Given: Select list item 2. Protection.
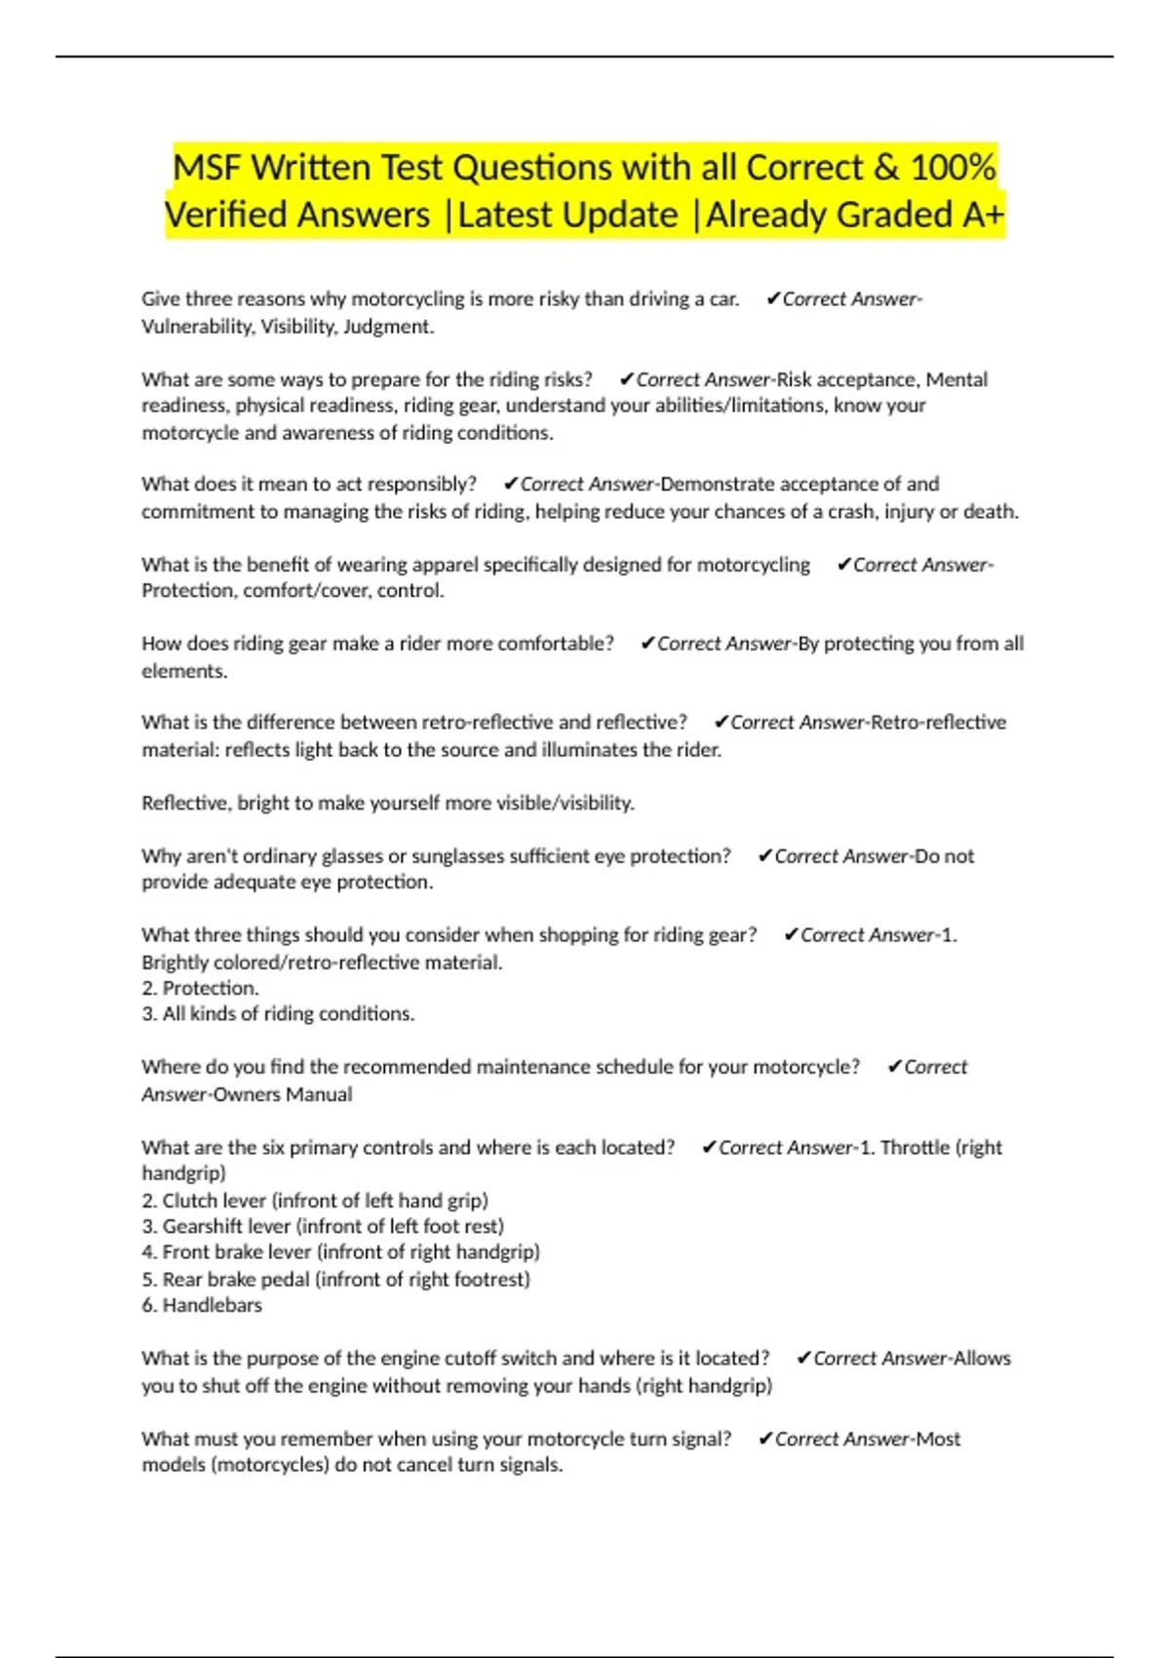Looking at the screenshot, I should pyautogui.click(x=200, y=988).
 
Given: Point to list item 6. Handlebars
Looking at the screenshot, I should pyautogui.click(x=202, y=1305).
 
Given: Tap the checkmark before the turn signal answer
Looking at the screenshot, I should pyautogui.click(x=765, y=1439).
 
